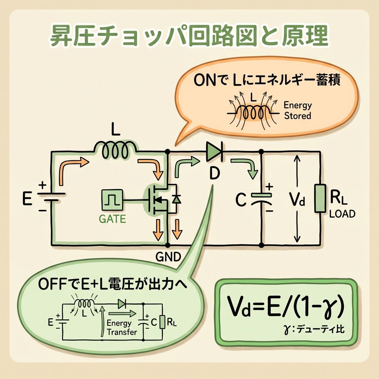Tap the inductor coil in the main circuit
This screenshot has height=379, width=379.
coord(116,150)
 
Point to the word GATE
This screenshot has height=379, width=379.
coord(112,219)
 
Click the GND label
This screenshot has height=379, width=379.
coord(168,256)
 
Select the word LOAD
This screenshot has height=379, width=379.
coord(342,214)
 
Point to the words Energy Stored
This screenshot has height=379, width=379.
coord(298,110)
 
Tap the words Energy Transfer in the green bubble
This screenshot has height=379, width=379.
coord(120,328)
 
